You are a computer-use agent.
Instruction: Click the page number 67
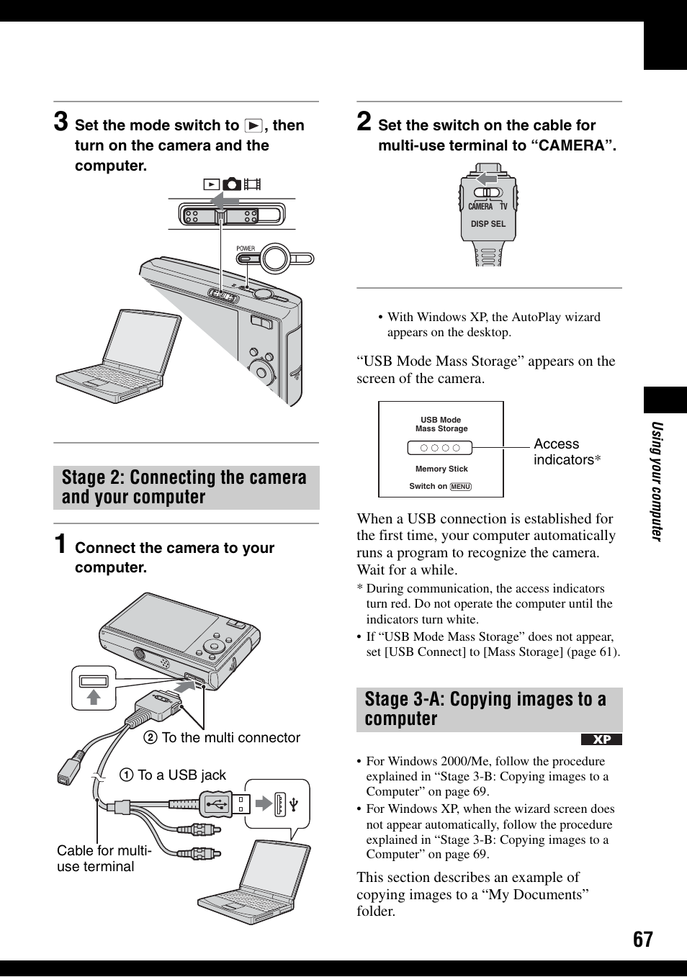click(642, 939)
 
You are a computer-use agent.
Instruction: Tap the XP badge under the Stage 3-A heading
click(601, 739)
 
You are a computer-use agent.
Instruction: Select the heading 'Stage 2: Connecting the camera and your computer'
click(185, 487)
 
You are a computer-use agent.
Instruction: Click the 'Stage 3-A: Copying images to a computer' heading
click(486, 709)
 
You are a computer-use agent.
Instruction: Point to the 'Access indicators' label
click(566, 452)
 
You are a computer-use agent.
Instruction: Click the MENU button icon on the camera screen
click(460, 487)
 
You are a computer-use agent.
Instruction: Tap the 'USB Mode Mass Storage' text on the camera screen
click(441, 424)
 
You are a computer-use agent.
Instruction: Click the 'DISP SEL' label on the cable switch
click(488, 224)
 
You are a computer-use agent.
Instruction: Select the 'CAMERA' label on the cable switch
click(480, 207)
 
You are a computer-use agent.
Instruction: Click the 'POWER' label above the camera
click(246, 248)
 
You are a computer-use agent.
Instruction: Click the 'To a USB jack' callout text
click(181, 775)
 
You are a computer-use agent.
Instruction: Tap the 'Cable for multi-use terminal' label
click(104, 858)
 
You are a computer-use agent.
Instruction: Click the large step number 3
click(61, 121)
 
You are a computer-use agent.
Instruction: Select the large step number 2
click(364, 121)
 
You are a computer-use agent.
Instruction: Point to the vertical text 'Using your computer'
click(656, 480)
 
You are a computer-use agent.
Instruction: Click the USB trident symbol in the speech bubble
click(295, 803)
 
